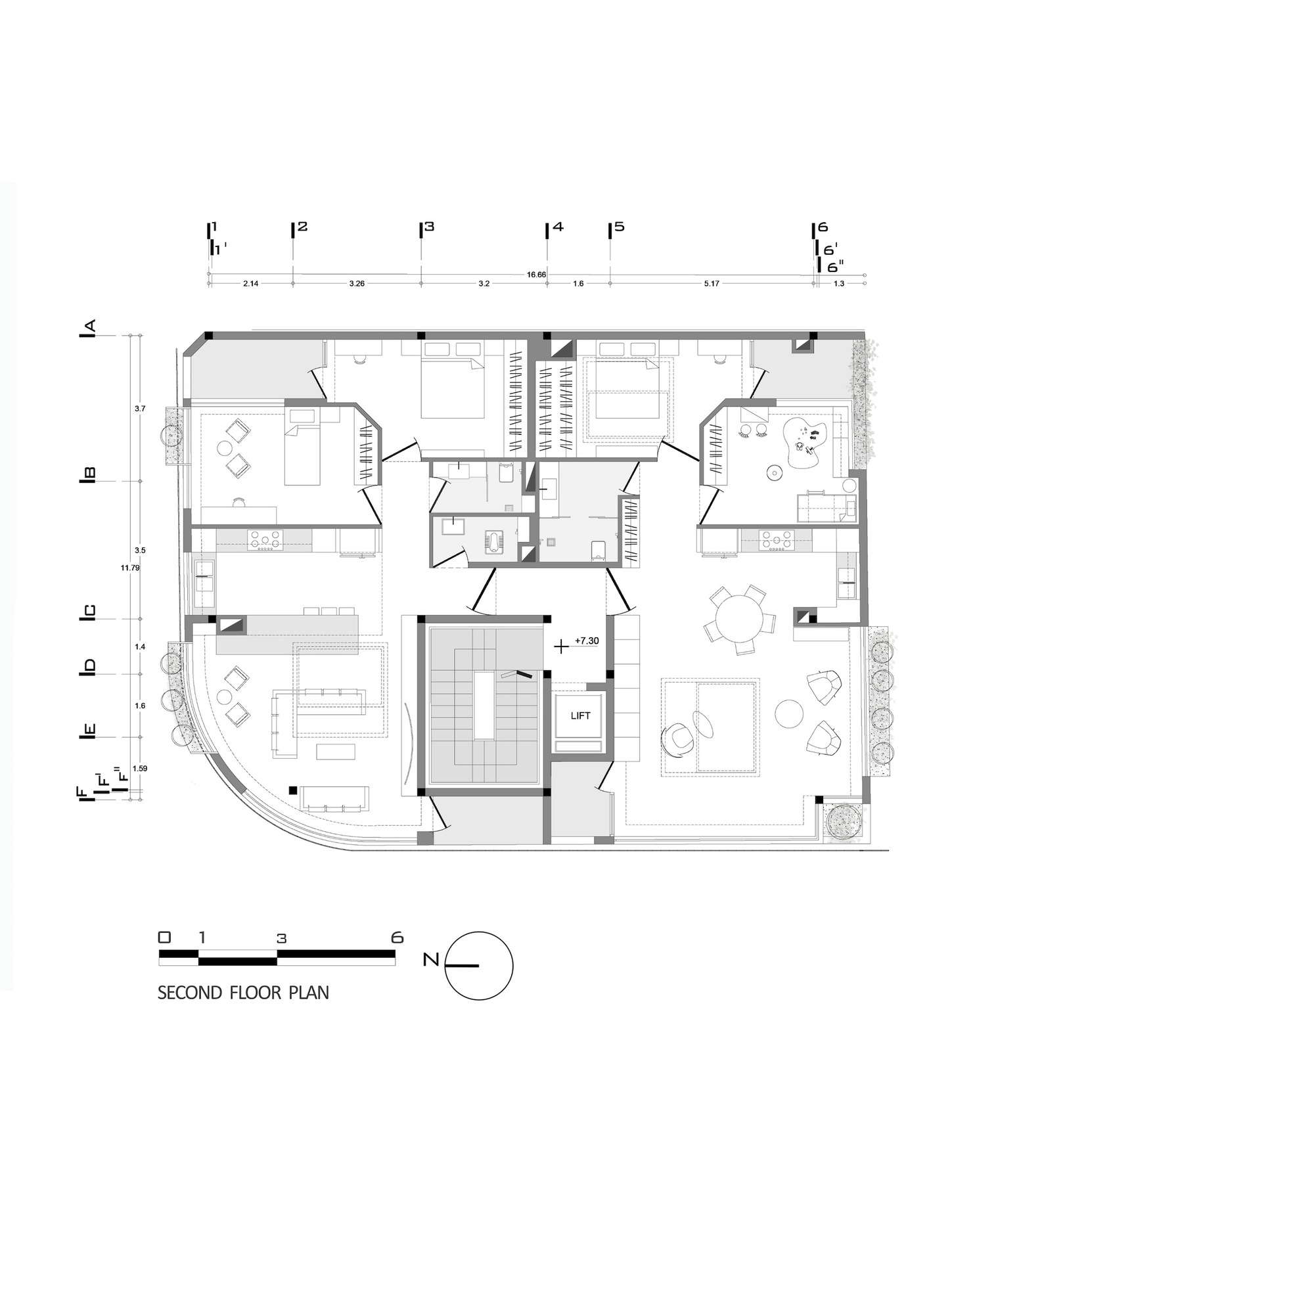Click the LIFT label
(580, 715)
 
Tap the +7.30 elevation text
(586, 641)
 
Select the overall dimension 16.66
(536, 275)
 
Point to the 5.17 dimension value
(712, 284)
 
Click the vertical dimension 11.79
(130, 567)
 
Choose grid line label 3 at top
(428, 227)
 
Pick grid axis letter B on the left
(89, 475)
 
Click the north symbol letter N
(430, 960)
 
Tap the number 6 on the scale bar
(397, 938)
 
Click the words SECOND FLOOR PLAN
(243, 993)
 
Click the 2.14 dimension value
(250, 284)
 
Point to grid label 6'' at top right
(834, 267)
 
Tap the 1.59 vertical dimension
(140, 769)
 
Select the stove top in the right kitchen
(777, 540)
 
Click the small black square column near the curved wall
(292, 790)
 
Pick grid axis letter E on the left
(89, 732)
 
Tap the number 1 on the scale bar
(201, 938)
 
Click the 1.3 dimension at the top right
(839, 284)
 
